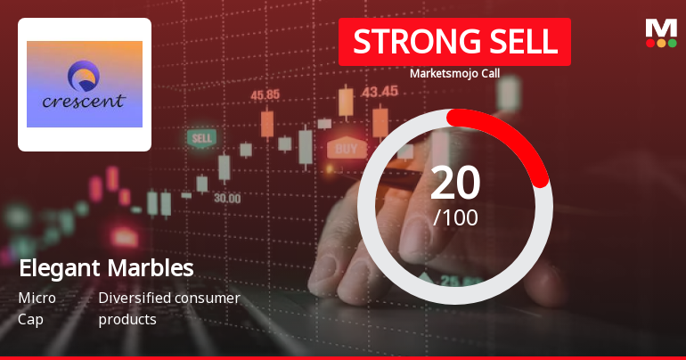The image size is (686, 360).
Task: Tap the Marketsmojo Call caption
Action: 453,73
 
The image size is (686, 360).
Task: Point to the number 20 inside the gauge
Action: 454,183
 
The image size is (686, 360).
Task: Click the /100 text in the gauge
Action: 454,217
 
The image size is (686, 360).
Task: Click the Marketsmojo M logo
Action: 660,29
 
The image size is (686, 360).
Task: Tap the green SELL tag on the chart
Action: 201,138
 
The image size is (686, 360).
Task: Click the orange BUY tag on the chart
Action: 347,149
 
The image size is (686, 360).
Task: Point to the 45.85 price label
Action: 265,94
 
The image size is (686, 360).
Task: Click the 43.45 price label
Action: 380,90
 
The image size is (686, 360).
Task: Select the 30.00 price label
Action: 226,198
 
